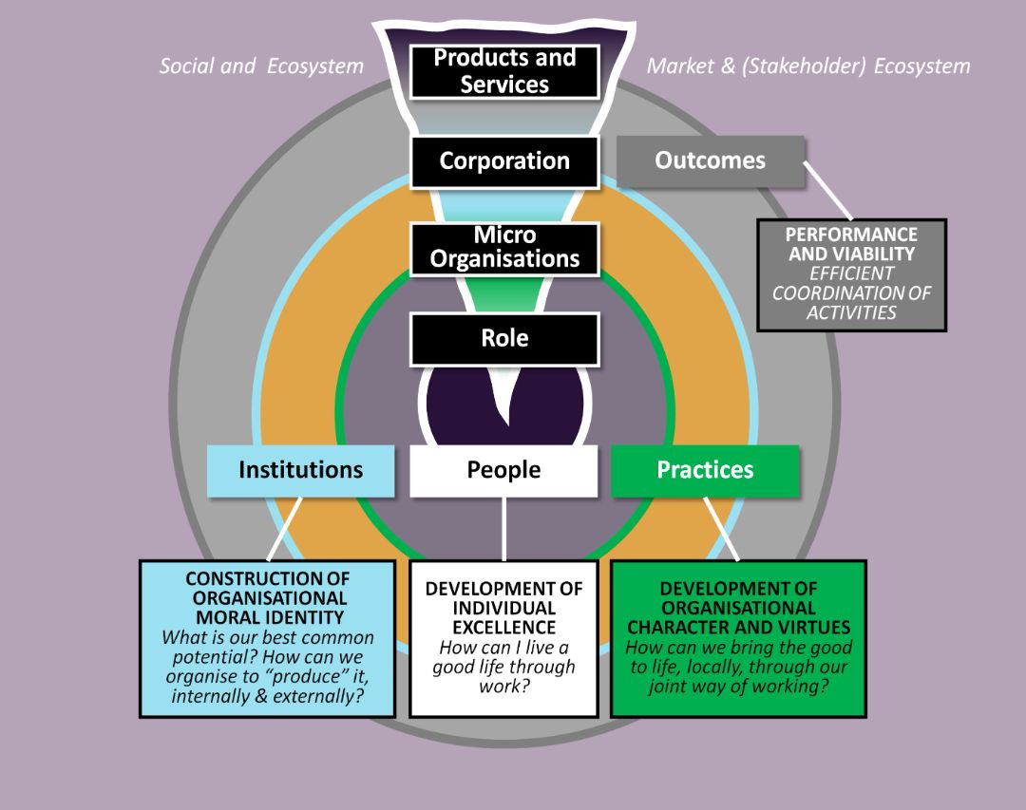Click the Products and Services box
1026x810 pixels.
(x=504, y=71)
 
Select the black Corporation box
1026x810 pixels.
(x=504, y=161)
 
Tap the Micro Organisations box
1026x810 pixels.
(x=504, y=247)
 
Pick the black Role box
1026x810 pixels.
(x=504, y=338)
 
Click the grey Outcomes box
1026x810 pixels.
(x=710, y=160)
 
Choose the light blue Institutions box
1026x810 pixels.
(x=300, y=470)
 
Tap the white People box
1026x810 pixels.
(x=503, y=470)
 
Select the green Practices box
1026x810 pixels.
(x=705, y=470)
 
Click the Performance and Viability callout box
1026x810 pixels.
(x=851, y=274)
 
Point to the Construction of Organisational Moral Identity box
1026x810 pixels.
(x=267, y=638)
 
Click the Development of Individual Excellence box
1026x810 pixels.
(x=503, y=638)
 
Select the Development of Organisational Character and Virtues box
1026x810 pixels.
(x=738, y=638)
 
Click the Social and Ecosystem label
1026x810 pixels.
(x=261, y=66)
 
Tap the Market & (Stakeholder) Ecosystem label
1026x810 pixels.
(x=808, y=66)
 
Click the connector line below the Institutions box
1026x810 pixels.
(x=284, y=528)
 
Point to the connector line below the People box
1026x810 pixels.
(x=503, y=528)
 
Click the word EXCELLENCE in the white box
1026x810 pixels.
(x=503, y=628)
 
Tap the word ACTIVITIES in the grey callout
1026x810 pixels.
(x=851, y=313)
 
